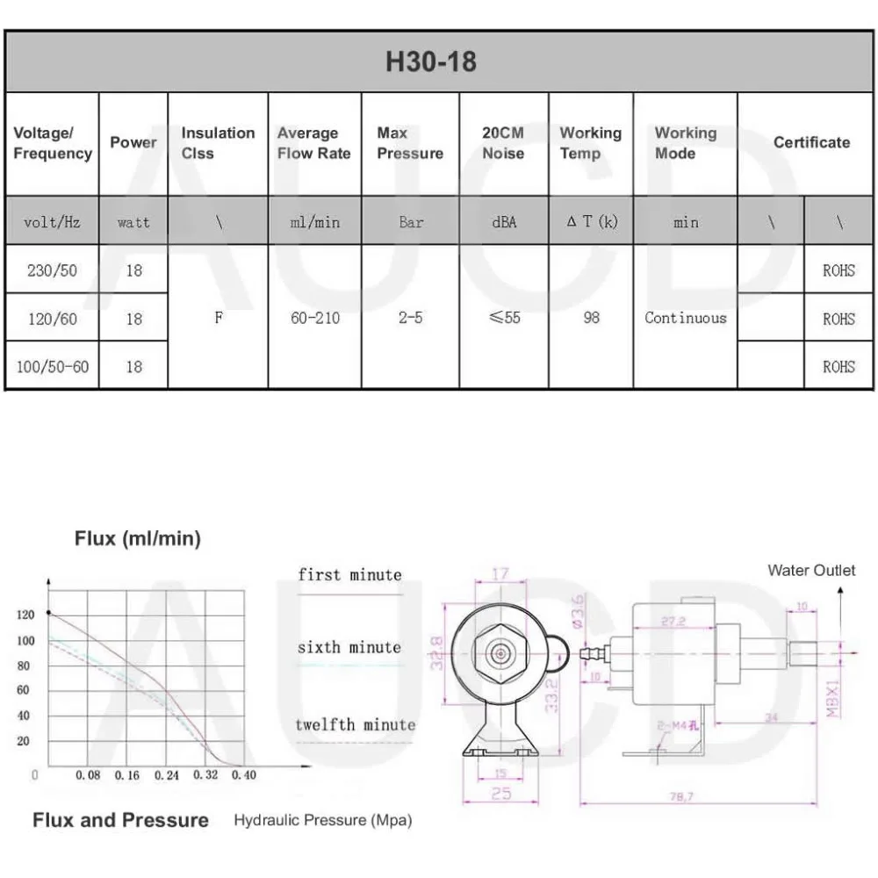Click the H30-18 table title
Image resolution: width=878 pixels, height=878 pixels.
pyautogui.click(x=431, y=62)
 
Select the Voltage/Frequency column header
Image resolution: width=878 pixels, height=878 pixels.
pyautogui.click(x=52, y=143)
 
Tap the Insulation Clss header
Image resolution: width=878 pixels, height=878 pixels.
pyautogui.click(x=218, y=143)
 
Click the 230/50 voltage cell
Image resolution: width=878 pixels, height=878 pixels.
pyautogui.click(x=52, y=270)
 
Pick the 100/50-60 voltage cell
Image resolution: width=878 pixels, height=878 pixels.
pyautogui.click(x=52, y=366)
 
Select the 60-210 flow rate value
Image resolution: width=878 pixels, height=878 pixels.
pyautogui.click(x=313, y=318)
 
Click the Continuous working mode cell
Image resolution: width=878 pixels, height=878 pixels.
pyautogui.click(x=685, y=318)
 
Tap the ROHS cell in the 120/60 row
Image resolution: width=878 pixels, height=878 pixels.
pyautogui.click(x=838, y=319)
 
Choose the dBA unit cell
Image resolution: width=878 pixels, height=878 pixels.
pyautogui.click(x=504, y=222)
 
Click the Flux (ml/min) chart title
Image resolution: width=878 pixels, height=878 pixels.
pyautogui.click(x=137, y=539)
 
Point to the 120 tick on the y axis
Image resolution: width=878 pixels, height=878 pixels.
pyautogui.click(x=25, y=615)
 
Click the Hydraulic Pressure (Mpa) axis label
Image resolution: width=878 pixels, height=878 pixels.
pyautogui.click(x=322, y=821)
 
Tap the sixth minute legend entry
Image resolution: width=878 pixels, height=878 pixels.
pyautogui.click(x=349, y=648)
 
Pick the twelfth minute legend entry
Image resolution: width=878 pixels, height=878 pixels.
pyautogui.click(x=355, y=725)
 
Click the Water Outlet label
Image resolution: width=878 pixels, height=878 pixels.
pyautogui.click(x=810, y=571)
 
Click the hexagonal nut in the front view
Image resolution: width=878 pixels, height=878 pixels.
pyautogui.click(x=499, y=654)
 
